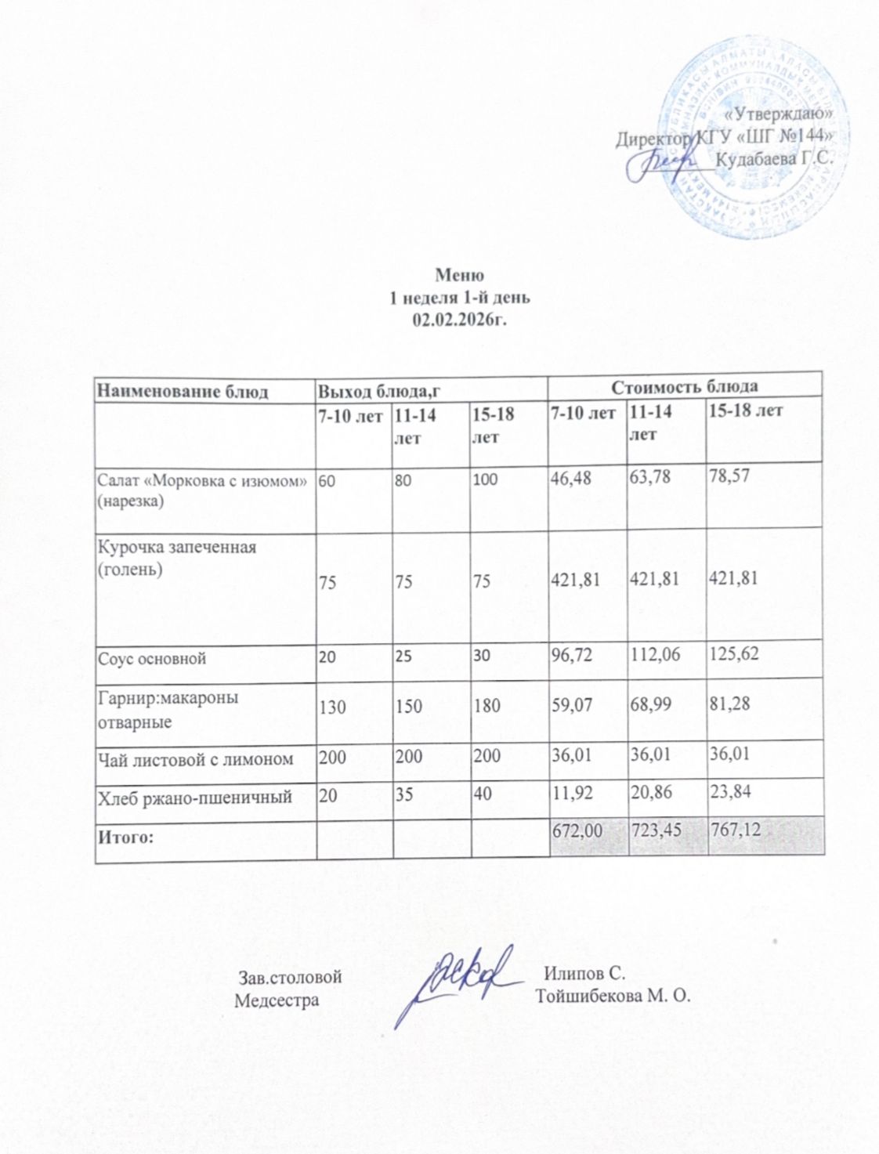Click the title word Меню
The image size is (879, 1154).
tap(459, 275)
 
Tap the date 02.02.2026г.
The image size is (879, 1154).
tap(459, 319)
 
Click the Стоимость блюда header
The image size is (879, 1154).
tap(684, 386)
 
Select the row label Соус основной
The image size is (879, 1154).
tap(151, 658)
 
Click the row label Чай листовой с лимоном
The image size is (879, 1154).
tap(195, 758)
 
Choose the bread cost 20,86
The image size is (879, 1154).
tap(651, 794)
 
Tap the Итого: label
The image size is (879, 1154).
tap(124, 837)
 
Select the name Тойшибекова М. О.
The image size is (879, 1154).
tap(613, 996)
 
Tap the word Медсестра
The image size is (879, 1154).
tap(277, 1000)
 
